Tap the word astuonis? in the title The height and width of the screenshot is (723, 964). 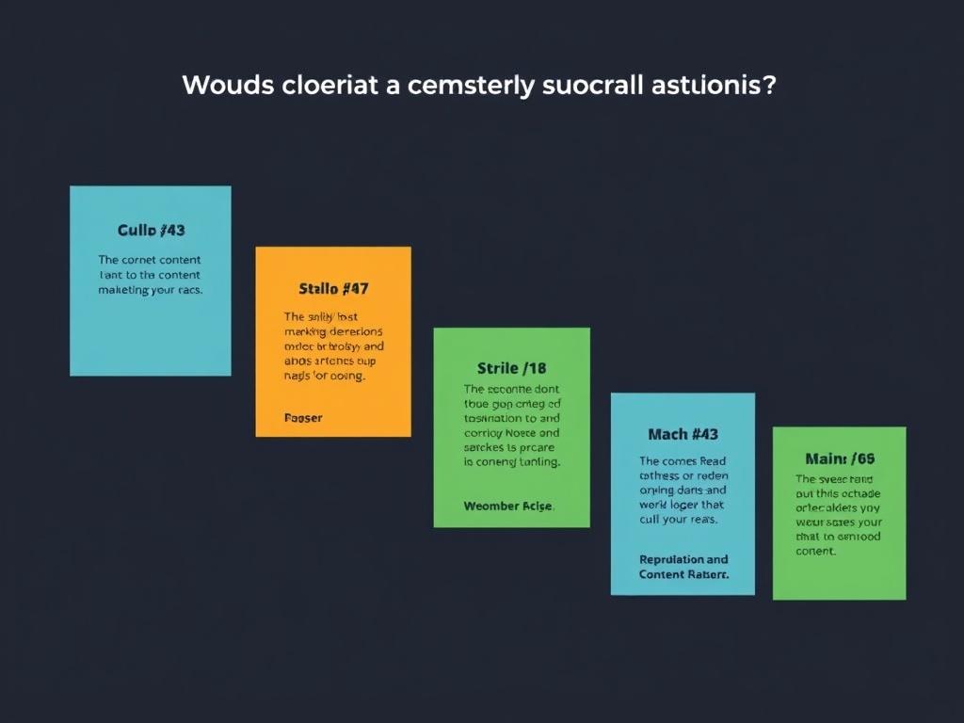tap(713, 85)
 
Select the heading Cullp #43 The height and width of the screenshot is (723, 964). tap(151, 230)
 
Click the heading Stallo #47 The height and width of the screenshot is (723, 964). tap(333, 288)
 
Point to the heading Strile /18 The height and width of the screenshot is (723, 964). tap(511, 367)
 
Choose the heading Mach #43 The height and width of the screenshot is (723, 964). tap(683, 434)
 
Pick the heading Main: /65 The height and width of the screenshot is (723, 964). tap(840, 458)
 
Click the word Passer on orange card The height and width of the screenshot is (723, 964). tap(302, 417)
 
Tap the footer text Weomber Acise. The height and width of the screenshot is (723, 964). tap(509, 506)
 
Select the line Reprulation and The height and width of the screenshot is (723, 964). tap(683, 559)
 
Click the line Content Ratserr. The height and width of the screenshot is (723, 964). tap(683, 574)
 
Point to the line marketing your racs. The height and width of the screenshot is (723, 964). tap(151, 290)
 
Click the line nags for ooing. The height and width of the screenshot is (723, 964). tap(325, 375)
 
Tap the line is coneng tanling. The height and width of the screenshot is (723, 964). tap(512, 462)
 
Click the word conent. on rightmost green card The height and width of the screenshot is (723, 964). tap(815, 552)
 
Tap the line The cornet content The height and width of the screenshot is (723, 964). tap(150, 260)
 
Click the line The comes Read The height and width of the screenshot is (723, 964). tap(683, 461)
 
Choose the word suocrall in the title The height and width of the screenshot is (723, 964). tap(594, 85)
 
